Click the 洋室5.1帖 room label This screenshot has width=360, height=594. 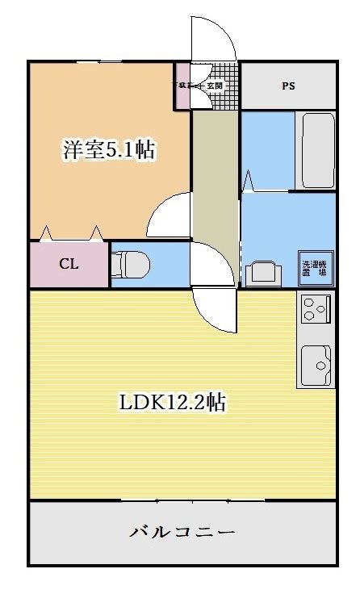pos(109,149)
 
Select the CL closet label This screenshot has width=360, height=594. pos(68,264)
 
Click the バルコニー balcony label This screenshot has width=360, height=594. pos(182,533)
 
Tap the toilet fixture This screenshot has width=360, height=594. pos(131,263)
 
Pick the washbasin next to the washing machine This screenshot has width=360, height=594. pos(263,273)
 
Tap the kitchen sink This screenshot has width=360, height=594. pos(316,365)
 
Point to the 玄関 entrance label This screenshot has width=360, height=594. pos(214,85)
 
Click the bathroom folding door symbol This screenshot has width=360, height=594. pos(249,181)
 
